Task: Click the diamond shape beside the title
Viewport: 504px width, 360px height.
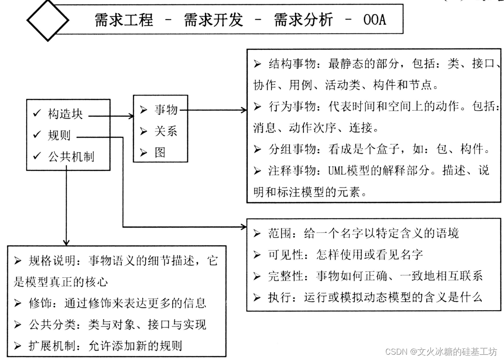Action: coord(48,20)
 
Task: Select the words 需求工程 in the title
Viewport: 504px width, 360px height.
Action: coord(124,20)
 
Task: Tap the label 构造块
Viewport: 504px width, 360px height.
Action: coord(65,114)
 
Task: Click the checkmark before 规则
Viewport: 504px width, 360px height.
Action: coord(37,135)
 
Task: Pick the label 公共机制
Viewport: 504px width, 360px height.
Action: coord(71,156)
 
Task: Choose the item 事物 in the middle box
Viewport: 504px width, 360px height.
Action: coord(166,110)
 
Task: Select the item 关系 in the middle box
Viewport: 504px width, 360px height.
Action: coord(166,131)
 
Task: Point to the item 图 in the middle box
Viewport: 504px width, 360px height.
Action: coord(160,152)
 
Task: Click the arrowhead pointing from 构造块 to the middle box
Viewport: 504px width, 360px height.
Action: coord(131,116)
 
